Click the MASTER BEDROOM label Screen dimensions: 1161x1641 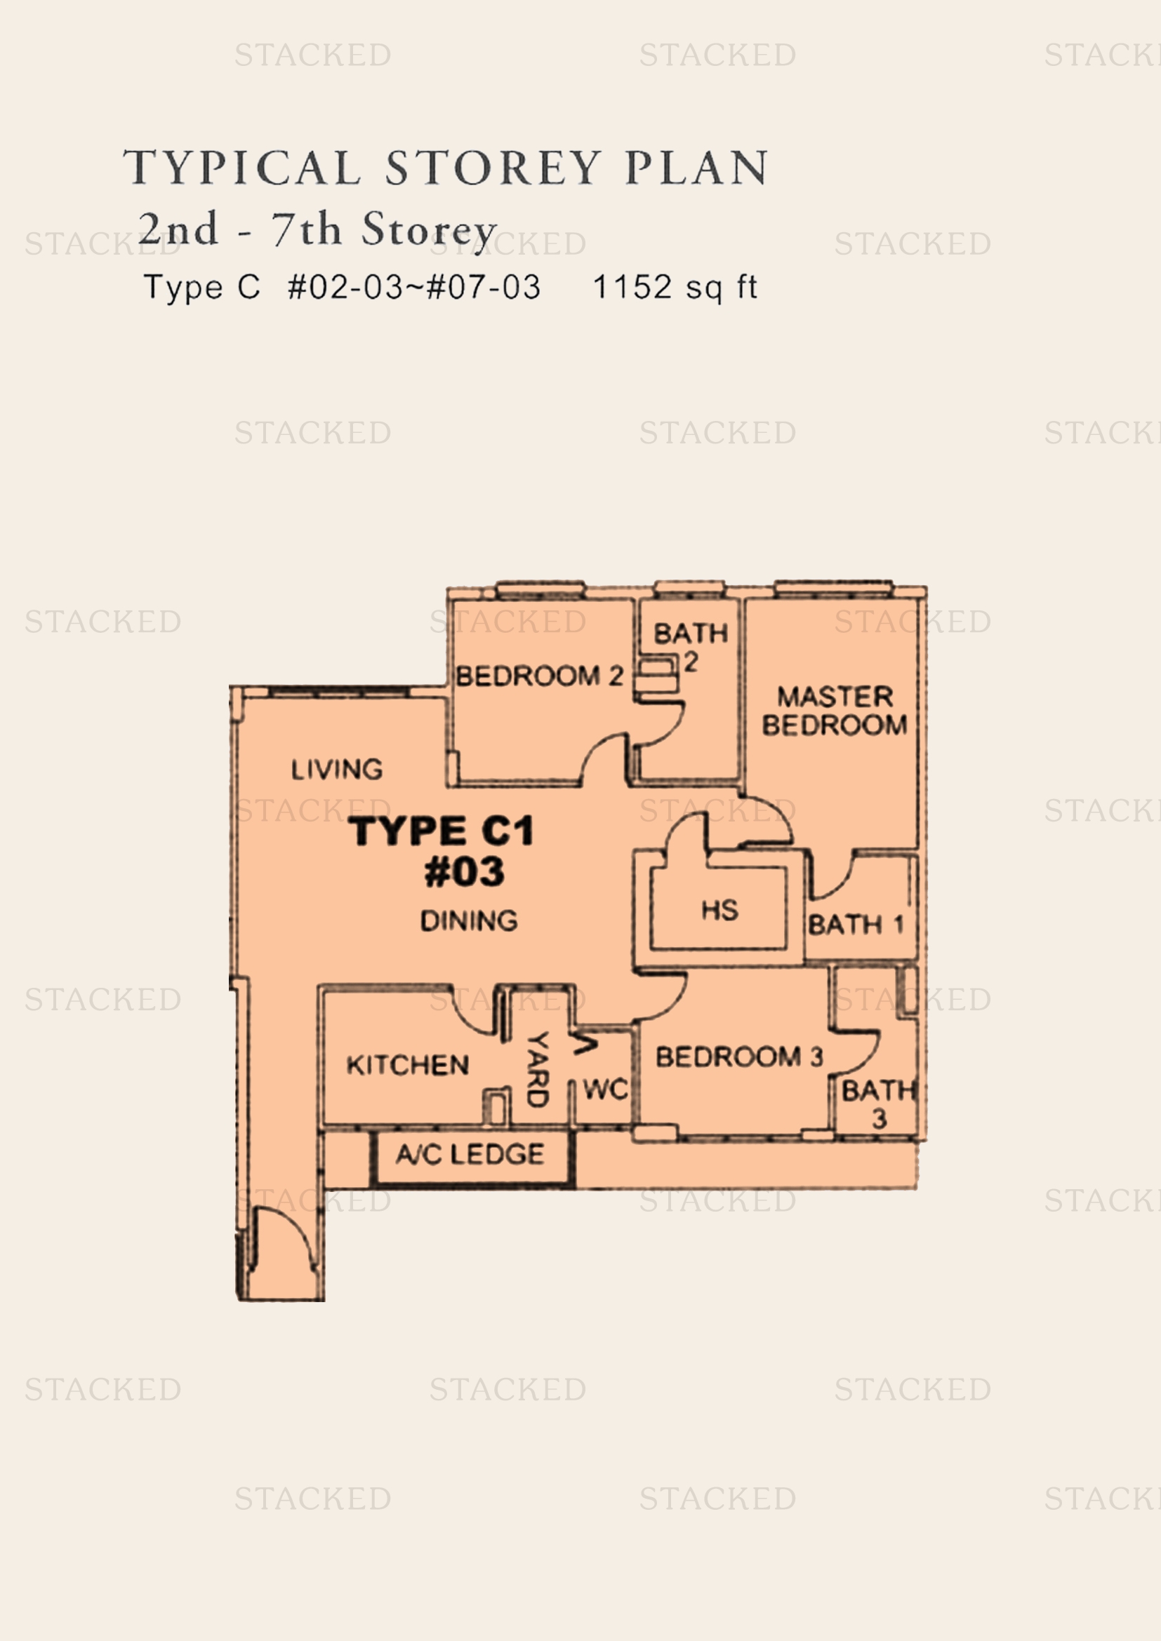point(835,711)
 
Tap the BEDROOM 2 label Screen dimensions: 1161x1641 point(539,676)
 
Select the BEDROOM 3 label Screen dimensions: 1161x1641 point(739,1057)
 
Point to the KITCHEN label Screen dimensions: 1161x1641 point(408,1065)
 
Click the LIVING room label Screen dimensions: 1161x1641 point(337,769)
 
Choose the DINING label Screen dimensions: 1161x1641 point(469,920)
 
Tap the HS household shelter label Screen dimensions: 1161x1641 point(719,911)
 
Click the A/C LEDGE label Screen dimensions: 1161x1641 point(470,1154)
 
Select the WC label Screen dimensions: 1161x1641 point(606,1090)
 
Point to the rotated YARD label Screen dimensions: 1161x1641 point(538,1069)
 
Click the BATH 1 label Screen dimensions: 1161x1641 point(856,925)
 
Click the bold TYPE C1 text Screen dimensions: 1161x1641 point(441,831)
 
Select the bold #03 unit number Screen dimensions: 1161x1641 point(464,872)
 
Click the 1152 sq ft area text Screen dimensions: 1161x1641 point(675,288)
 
